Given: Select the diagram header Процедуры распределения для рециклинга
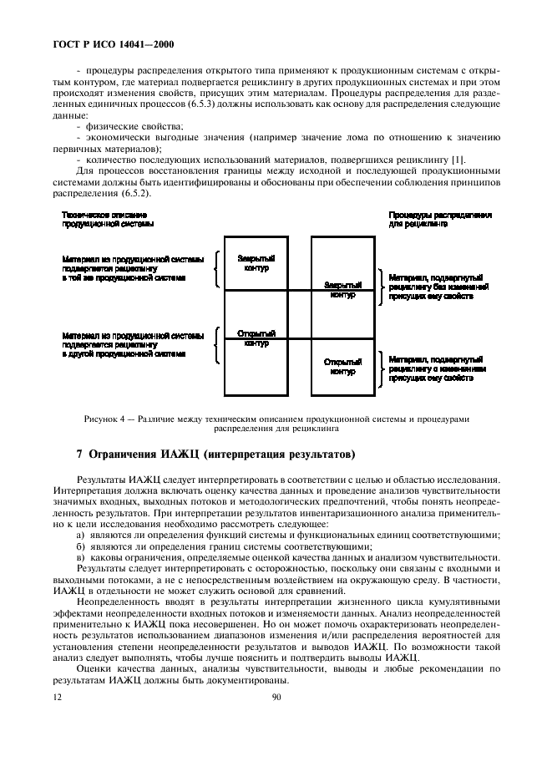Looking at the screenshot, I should click(x=439, y=220).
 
